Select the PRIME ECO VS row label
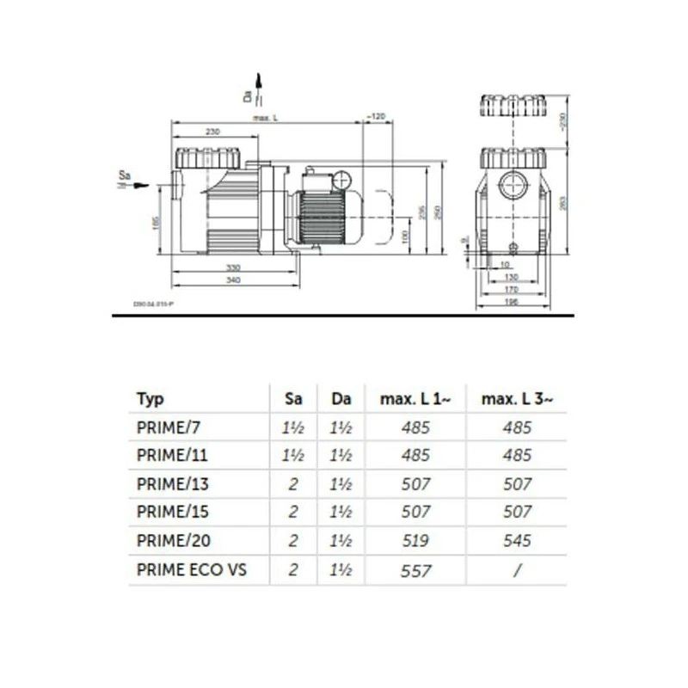point(191,569)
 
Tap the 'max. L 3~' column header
point(517,399)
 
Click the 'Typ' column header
point(150,399)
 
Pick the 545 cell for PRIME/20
point(517,541)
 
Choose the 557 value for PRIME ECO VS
point(416,569)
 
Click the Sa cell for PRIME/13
point(293,484)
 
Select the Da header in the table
point(341,399)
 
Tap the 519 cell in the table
point(416,541)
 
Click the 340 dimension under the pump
point(232,279)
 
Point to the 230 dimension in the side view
point(214,131)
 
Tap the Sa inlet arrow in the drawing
point(138,185)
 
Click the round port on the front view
point(513,186)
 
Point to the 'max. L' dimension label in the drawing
point(263,118)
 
